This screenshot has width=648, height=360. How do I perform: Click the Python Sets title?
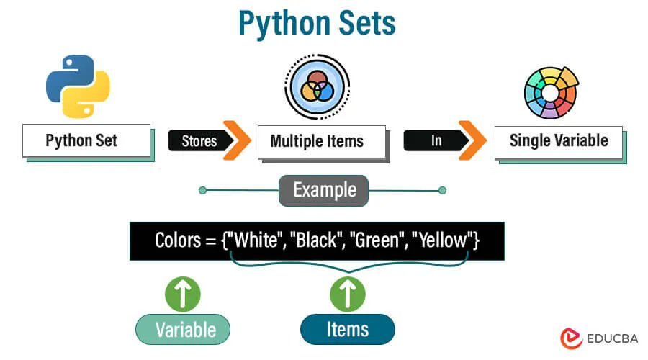(317, 24)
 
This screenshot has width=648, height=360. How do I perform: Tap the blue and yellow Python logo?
(78, 85)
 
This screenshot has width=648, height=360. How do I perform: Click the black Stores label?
(196, 140)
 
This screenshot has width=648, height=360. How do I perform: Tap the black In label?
(433, 140)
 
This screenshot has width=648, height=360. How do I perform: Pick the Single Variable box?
(558, 140)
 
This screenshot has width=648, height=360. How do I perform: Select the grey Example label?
(324, 190)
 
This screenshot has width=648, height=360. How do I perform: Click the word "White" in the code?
(253, 240)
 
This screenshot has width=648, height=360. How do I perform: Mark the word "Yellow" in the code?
(442, 240)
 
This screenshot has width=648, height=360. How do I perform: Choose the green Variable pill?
(183, 330)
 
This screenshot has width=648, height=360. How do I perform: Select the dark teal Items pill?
(348, 330)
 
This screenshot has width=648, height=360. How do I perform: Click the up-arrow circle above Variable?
(183, 294)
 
